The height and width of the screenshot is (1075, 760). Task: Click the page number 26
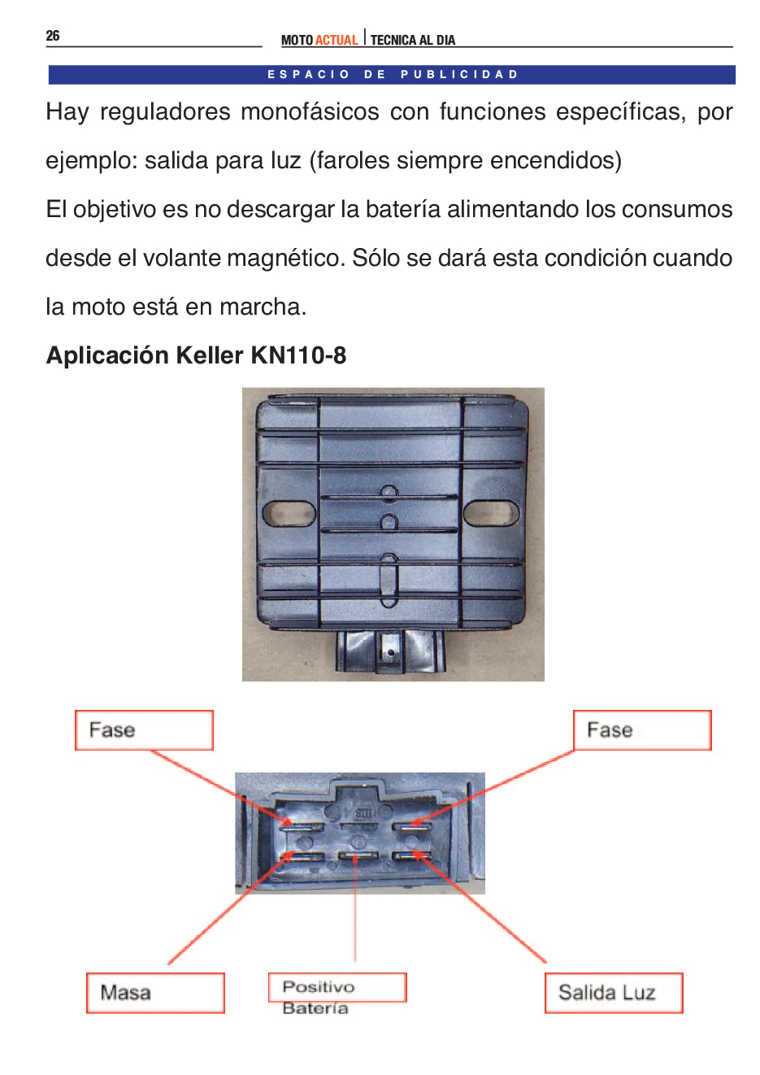coord(53,36)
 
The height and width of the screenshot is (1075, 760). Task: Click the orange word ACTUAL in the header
coord(337,41)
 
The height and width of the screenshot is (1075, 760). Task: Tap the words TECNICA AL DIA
coord(413,41)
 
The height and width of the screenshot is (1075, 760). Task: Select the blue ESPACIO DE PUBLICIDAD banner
coord(392,75)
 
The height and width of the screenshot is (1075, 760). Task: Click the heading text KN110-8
coord(298,355)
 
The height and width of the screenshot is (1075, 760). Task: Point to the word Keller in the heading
coord(210,355)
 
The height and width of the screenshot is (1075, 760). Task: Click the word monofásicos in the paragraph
coord(310,112)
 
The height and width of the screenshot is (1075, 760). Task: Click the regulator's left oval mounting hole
coord(289,513)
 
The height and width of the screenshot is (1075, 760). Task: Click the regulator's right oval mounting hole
coord(491,512)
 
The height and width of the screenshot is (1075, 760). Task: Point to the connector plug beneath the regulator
coord(390,651)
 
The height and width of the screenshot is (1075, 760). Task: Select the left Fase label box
coord(144,730)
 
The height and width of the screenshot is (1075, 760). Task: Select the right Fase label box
coord(642,730)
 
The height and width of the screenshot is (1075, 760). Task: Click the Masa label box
coord(155,993)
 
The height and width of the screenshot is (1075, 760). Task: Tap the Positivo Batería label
coord(337,996)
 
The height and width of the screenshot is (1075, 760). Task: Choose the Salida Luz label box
coord(614,993)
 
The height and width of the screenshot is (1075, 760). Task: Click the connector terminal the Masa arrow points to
coord(302,856)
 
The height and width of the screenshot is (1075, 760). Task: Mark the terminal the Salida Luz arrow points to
coord(411,856)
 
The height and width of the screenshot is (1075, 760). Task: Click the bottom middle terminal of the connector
coord(358,856)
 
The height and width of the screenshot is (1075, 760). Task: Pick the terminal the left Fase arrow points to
coord(302,827)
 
